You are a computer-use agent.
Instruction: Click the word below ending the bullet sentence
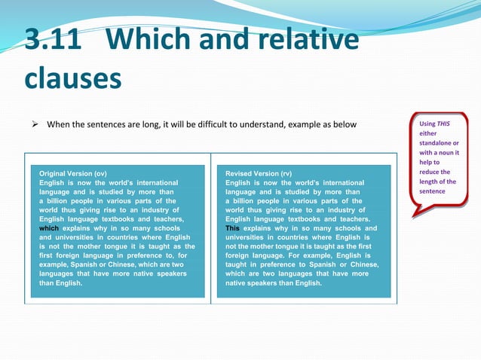[343, 124]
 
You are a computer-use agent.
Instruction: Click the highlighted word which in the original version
[49, 228]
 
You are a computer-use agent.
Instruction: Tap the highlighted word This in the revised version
[233, 228]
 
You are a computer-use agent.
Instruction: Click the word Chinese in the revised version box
[363, 264]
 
